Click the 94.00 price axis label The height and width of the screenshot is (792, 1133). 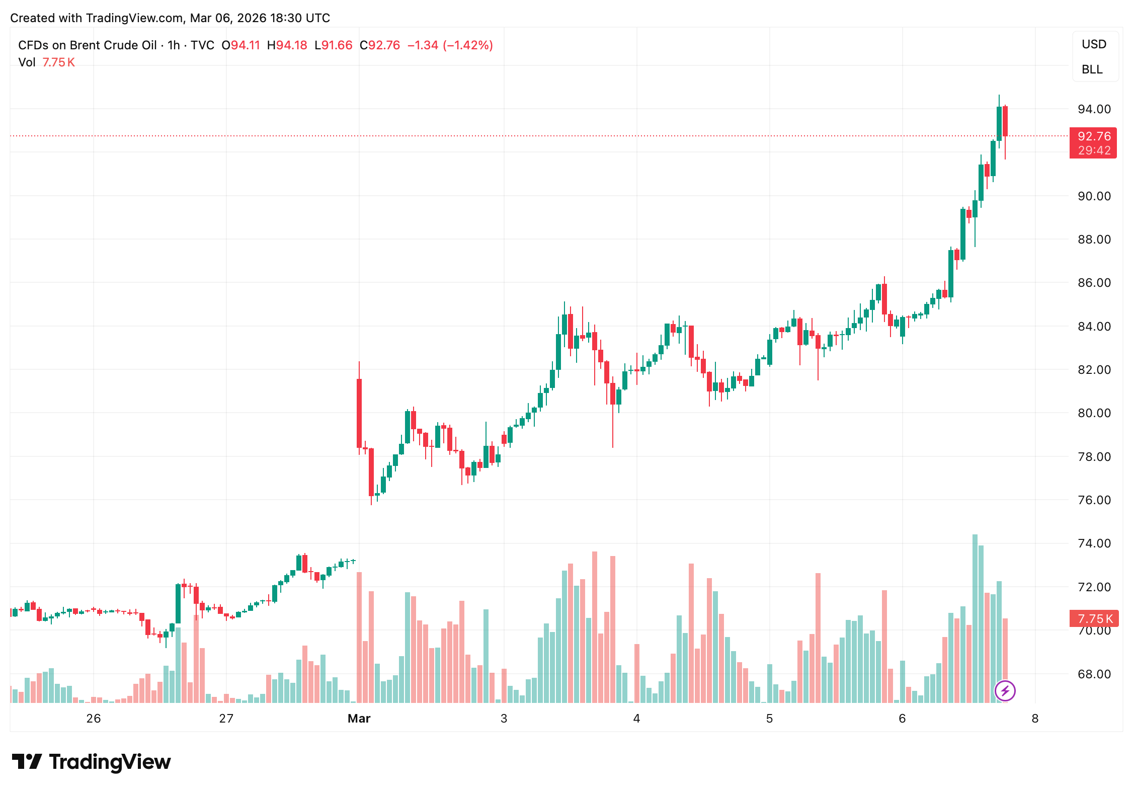point(1094,109)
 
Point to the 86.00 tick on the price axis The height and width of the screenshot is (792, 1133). point(1094,283)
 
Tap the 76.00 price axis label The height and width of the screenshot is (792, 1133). point(1094,500)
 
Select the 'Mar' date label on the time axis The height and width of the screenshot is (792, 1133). point(359,719)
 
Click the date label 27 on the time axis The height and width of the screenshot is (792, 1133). point(226,719)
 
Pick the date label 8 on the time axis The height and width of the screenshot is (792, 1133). point(1035,719)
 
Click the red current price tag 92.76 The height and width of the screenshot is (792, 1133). point(1094,136)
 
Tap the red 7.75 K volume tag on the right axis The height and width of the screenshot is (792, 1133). point(1094,618)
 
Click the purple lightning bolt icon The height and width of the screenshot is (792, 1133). point(1005,691)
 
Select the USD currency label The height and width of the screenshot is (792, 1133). point(1094,44)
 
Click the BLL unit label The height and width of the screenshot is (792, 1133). point(1092,69)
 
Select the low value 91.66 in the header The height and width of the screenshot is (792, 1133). point(337,45)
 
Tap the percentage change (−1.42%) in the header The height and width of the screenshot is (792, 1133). point(468,45)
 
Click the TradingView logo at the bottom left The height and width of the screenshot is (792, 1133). point(92,762)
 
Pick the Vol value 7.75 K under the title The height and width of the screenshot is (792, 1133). point(58,62)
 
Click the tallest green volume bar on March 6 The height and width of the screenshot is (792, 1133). point(975,619)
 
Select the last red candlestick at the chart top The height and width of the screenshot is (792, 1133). point(1005,121)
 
